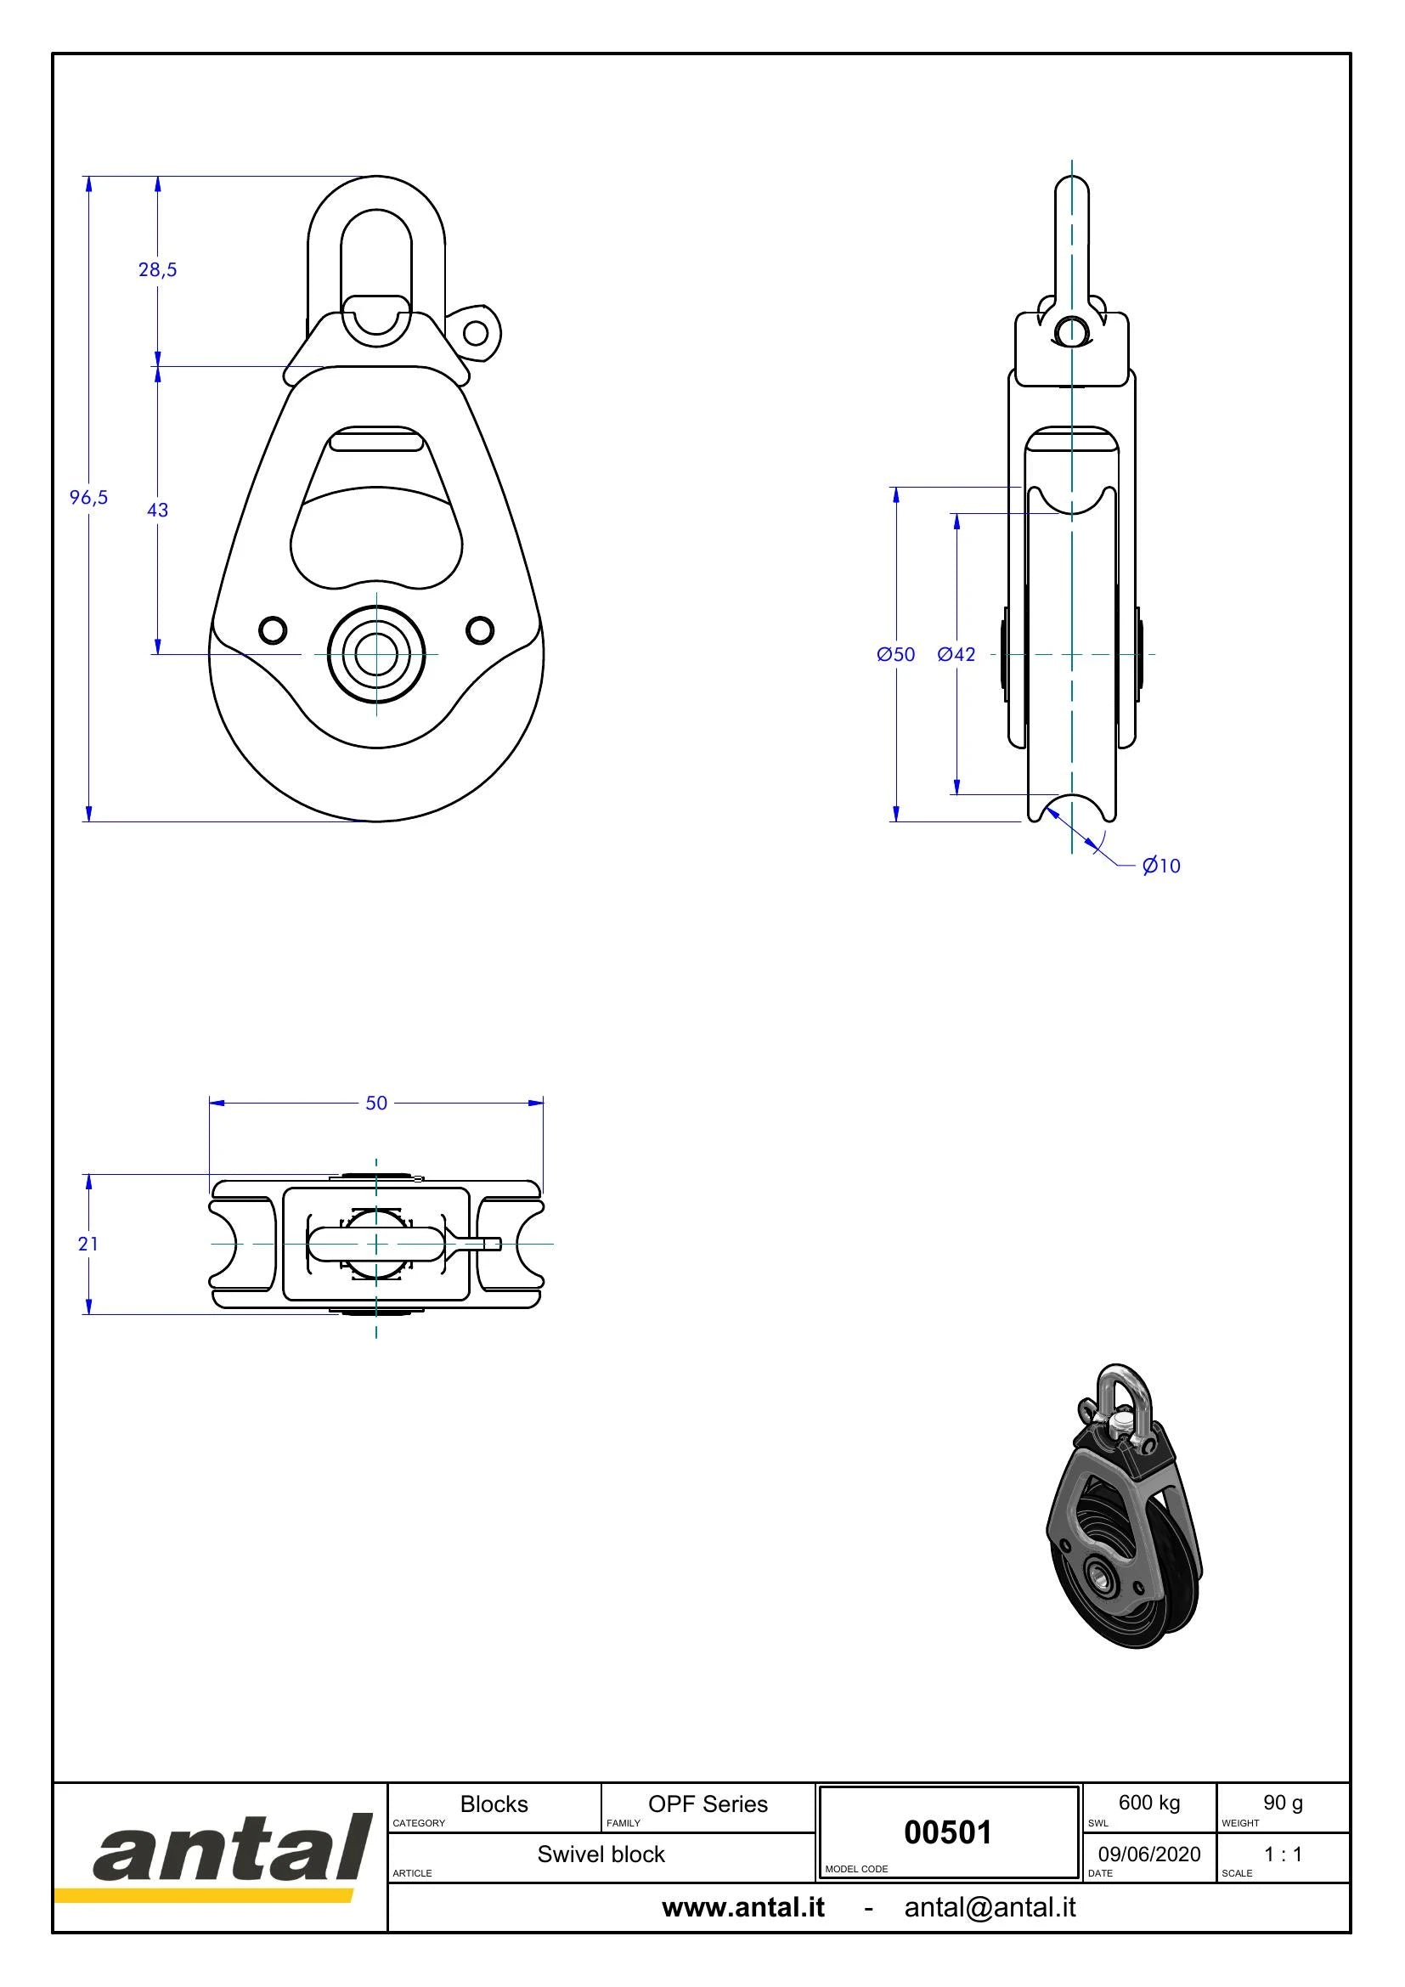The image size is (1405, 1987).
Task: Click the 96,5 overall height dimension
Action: (89, 498)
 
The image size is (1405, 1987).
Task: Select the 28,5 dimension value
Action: (157, 270)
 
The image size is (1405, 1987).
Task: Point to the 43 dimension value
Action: (157, 511)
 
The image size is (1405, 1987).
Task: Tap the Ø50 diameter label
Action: (895, 654)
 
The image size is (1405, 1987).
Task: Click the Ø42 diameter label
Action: (956, 654)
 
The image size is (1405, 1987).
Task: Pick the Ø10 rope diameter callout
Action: (1161, 866)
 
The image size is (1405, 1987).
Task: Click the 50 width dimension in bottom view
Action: (376, 1104)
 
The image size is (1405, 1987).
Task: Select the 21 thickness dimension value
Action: (88, 1244)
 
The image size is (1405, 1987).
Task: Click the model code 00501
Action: (947, 1833)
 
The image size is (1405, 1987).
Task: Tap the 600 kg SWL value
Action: (1149, 1803)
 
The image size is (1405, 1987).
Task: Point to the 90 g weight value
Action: (1283, 1803)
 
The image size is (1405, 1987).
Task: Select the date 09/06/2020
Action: (1149, 1854)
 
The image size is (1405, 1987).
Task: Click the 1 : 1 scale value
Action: (1283, 1854)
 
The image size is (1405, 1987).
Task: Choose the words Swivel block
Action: (601, 1854)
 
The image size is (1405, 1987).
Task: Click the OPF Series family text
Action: (708, 1804)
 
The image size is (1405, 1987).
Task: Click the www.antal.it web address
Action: (743, 1908)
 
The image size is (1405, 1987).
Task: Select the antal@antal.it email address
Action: (990, 1908)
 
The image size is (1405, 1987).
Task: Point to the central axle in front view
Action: (376, 653)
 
